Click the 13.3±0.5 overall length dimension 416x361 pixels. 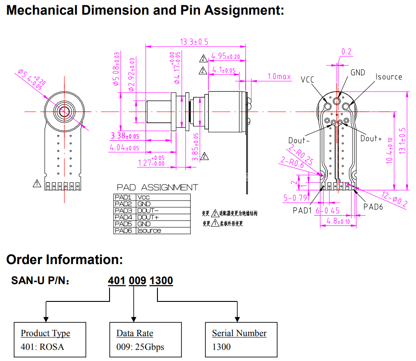click(194, 42)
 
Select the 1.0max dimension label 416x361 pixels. click(279, 77)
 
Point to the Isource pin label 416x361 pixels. click(389, 77)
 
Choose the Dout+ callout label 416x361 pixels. click(371, 138)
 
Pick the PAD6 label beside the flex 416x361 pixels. click(373, 207)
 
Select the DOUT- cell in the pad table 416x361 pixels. click(148, 210)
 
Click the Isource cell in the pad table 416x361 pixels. click(149, 230)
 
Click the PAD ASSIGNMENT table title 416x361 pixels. click(157, 188)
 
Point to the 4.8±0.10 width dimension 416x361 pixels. click(338, 221)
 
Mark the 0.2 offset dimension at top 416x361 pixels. click(346, 52)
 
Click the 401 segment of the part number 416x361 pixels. click(117, 281)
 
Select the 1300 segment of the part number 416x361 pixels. click(161, 281)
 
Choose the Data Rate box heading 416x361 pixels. click(135, 333)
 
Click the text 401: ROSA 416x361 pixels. click(42, 346)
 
